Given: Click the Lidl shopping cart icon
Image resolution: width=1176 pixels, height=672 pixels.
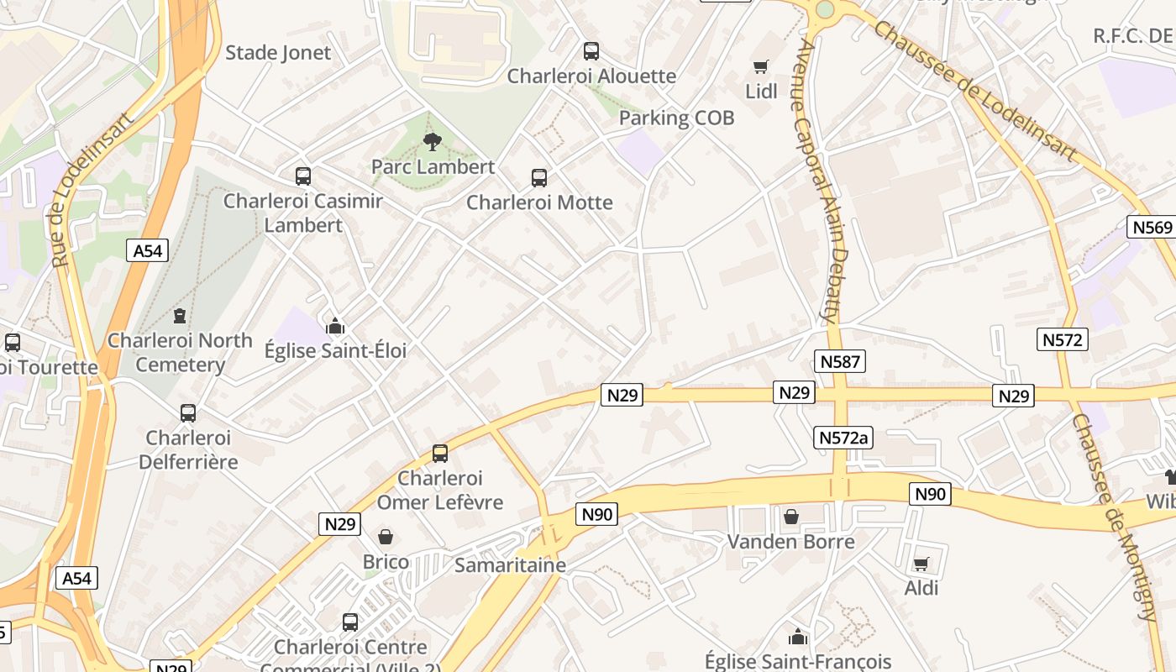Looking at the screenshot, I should click(x=761, y=66).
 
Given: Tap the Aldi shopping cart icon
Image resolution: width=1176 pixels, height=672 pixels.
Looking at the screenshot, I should click(x=921, y=564).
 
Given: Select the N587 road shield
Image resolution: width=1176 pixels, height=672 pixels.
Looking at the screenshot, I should click(x=839, y=362).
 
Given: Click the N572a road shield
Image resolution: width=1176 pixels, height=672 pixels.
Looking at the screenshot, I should click(x=844, y=438).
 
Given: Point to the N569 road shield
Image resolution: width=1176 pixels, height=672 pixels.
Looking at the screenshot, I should click(x=1151, y=227).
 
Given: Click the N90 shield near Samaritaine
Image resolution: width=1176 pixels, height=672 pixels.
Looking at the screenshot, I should click(x=597, y=514).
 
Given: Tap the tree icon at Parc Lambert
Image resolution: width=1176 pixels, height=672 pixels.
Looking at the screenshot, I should click(x=433, y=141).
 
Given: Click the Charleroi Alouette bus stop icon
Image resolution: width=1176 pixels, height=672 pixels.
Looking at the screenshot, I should click(x=591, y=51).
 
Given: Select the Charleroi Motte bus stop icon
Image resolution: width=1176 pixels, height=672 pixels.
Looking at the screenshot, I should click(x=539, y=178).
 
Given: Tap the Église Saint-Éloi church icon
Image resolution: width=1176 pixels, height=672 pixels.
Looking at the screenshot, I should click(x=335, y=326).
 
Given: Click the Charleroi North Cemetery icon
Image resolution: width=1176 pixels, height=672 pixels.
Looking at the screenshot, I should click(x=179, y=316).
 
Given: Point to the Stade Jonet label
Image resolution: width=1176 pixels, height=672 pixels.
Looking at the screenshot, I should click(x=278, y=53).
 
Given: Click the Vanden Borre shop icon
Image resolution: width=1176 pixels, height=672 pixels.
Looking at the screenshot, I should click(x=790, y=517).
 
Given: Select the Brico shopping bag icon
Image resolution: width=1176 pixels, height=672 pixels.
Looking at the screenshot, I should click(x=386, y=536).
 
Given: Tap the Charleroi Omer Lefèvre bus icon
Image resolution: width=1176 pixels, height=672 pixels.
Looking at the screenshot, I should click(x=440, y=454).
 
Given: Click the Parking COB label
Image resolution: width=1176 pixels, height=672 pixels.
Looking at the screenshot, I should click(x=676, y=118).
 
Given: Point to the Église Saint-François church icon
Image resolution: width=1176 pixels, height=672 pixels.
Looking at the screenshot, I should click(x=797, y=637).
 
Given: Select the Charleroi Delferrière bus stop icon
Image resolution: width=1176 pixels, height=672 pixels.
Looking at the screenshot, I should click(x=188, y=413).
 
